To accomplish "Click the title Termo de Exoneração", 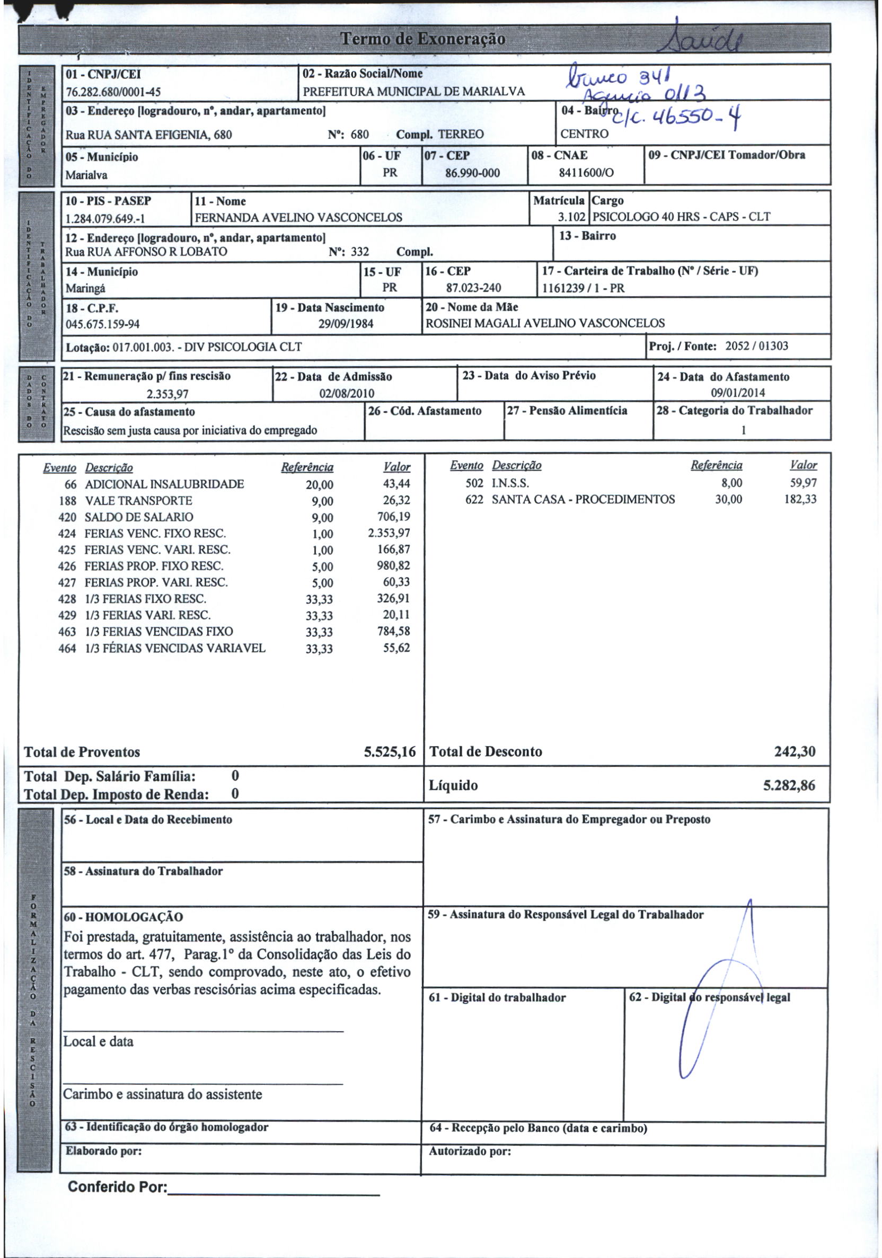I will click(422, 39).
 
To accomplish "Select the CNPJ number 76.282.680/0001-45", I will click(113, 92).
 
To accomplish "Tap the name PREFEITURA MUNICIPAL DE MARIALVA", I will click(414, 92).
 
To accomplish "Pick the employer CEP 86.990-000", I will click(472, 173).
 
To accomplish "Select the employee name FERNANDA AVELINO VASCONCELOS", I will click(298, 217).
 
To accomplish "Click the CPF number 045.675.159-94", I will click(102, 324).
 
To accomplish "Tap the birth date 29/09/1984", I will click(346, 324).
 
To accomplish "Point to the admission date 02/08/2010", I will click(347, 393).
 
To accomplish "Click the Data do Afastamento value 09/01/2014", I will click(738, 393).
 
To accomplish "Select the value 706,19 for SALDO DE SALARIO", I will click(393, 517).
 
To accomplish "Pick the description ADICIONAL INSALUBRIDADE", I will click(164, 484).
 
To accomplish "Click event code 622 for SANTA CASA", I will click(474, 499).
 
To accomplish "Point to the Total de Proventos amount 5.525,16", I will click(390, 752).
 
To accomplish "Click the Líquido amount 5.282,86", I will click(789, 786).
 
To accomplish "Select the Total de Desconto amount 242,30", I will click(795, 751).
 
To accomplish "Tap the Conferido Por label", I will click(117, 1187).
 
